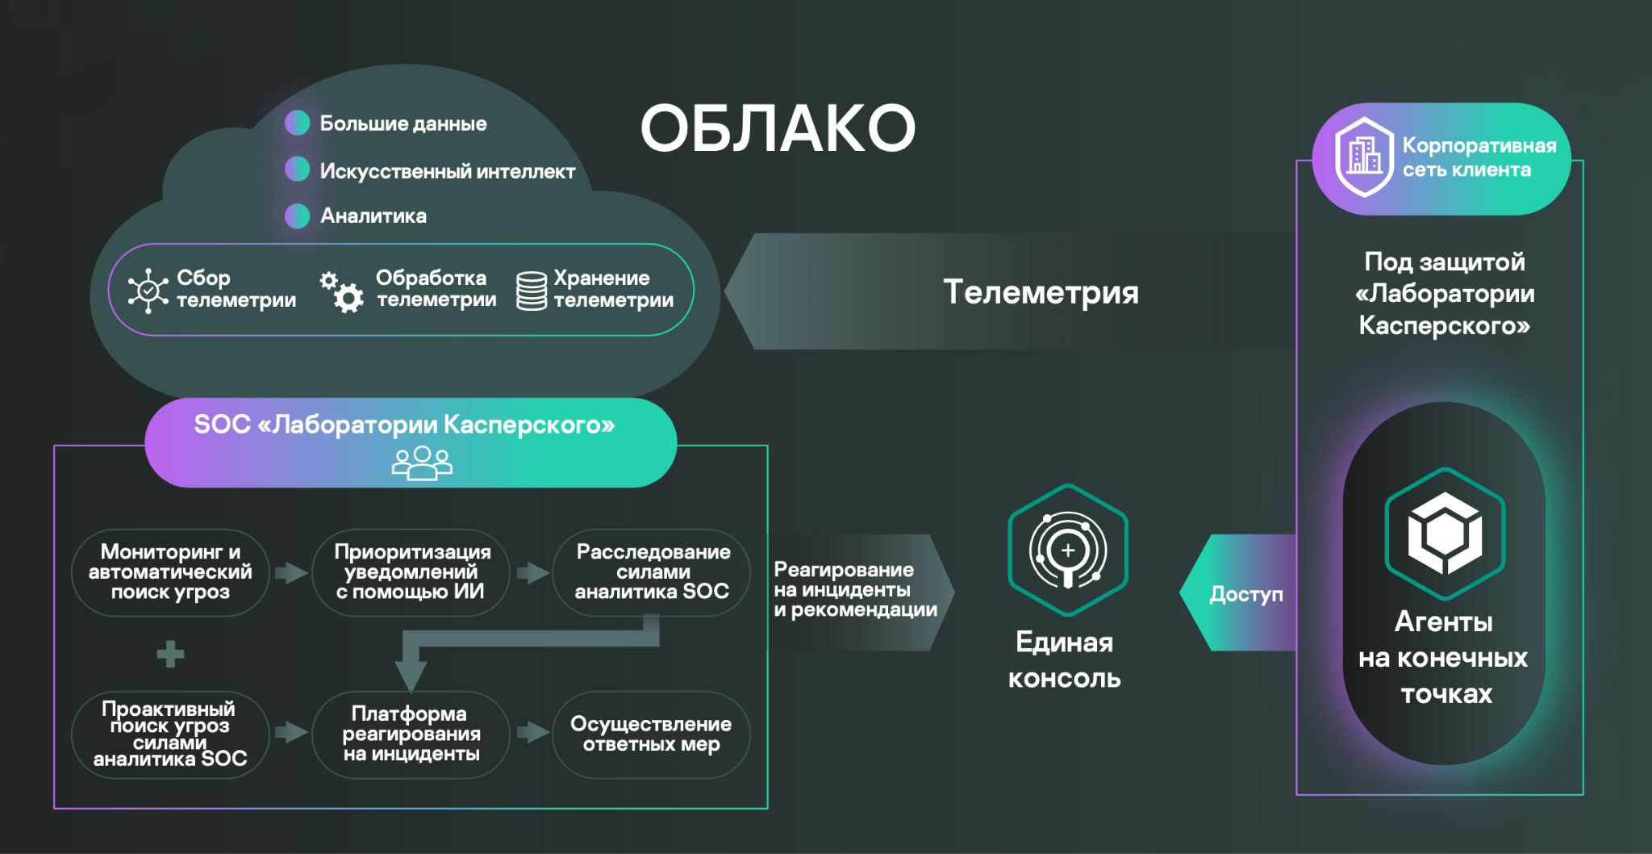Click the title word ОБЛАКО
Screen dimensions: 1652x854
(x=778, y=128)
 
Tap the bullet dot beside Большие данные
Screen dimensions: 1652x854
(x=298, y=123)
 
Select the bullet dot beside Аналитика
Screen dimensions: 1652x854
(x=298, y=216)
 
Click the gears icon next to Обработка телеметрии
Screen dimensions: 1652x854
(x=342, y=291)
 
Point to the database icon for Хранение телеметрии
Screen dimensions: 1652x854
(x=532, y=291)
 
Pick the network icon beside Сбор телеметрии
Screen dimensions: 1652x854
(x=148, y=291)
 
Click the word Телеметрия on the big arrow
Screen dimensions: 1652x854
(x=1041, y=291)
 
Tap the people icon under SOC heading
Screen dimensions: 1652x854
(x=422, y=463)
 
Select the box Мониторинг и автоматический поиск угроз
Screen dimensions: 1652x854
(x=170, y=572)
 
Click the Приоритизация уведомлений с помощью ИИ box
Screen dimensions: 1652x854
(x=411, y=572)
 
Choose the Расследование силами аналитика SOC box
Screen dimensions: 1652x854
(x=652, y=572)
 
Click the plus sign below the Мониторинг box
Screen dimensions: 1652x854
(x=170, y=654)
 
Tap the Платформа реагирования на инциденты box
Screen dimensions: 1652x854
(x=411, y=735)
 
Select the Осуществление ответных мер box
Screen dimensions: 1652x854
(x=652, y=735)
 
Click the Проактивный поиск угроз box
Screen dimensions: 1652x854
(x=170, y=735)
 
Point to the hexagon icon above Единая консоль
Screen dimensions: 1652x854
(x=1068, y=550)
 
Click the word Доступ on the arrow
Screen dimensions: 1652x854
(x=1245, y=594)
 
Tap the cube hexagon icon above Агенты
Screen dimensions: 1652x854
(x=1445, y=534)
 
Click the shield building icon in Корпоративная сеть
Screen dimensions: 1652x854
(x=1364, y=157)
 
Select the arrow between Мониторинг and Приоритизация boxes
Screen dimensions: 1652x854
(x=291, y=573)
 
